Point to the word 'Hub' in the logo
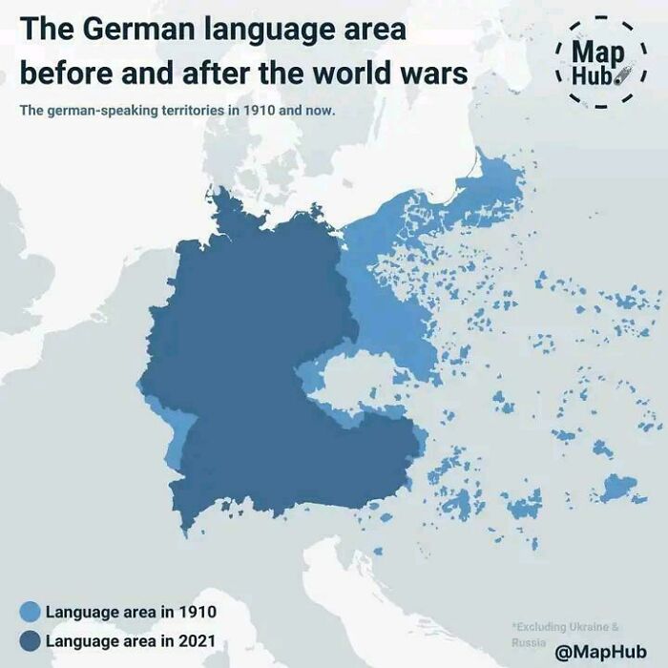595,74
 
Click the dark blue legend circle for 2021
30,639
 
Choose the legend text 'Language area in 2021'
131,639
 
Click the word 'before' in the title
64,73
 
